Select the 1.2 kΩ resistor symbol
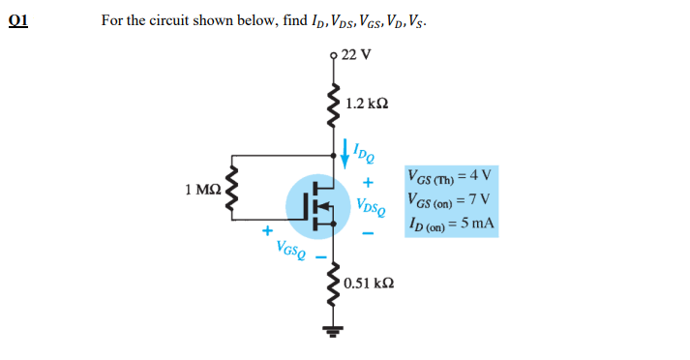335,102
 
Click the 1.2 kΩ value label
369,103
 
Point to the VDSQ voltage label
371,207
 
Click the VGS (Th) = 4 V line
450,177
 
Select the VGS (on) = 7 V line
450,200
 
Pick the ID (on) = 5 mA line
452,224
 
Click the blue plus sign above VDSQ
368,183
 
